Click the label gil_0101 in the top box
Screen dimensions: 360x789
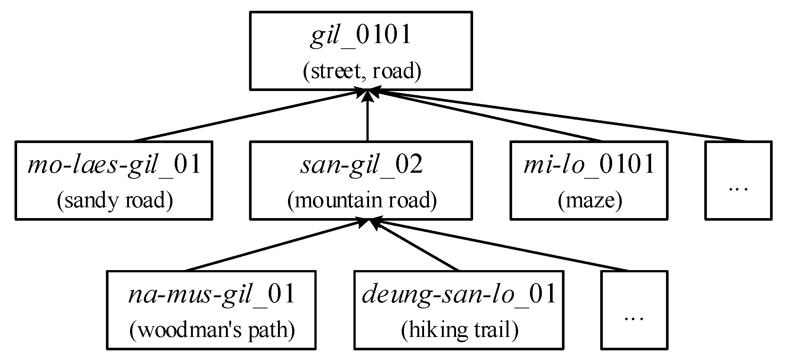360,36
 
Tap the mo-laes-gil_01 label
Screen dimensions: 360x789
114,165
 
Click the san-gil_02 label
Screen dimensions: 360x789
361,165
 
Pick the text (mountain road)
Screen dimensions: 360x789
362,201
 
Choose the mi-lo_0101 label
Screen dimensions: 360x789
589,165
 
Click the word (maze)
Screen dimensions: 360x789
590,201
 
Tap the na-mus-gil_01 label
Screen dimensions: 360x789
211,295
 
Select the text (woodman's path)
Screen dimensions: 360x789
212,330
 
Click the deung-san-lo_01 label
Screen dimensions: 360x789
459,295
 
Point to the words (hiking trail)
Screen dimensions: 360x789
459,330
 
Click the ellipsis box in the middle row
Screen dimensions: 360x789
738,181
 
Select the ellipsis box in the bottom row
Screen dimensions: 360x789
634,310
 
